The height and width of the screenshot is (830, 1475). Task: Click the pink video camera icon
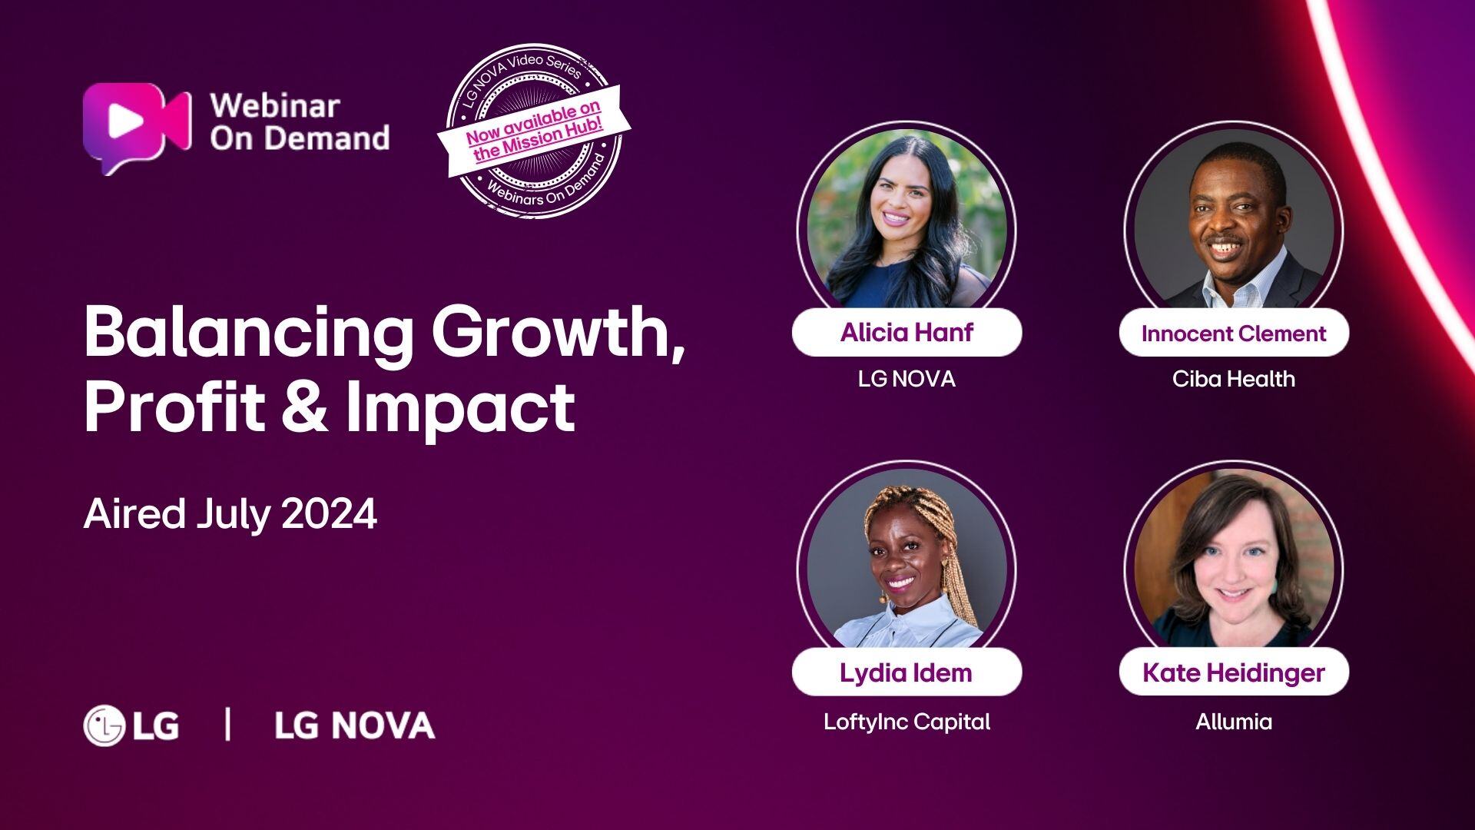137,127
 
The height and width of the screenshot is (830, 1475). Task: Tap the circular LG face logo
104,725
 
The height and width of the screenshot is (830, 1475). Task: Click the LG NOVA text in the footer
355,725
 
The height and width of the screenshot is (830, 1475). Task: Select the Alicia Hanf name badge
907,332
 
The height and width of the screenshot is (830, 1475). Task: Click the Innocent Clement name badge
1234,333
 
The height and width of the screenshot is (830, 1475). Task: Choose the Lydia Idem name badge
907,672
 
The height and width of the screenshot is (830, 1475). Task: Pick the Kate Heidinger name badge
1234,672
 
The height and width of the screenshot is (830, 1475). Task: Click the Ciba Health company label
1234,379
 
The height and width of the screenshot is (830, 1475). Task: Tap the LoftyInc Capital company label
907,722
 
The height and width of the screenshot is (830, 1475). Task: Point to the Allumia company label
1234,722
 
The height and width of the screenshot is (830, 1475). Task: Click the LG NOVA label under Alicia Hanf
907,379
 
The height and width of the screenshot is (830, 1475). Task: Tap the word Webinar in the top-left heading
275,105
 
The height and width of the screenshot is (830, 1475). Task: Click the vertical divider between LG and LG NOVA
227,725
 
